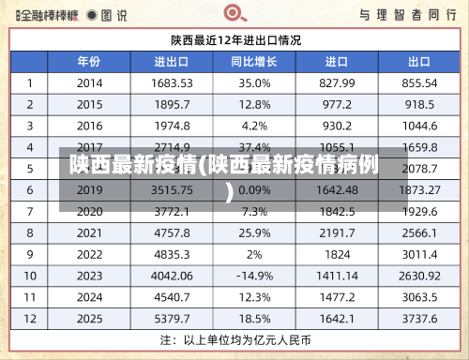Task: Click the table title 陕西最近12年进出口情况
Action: [235, 40]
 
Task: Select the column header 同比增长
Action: [254, 62]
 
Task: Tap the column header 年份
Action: [89, 62]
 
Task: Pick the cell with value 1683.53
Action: [173, 83]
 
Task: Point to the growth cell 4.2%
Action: [254, 126]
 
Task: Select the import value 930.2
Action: [337, 126]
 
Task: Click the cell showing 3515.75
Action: [173, 189]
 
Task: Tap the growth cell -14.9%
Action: [254, 276]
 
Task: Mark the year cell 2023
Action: [89, 276]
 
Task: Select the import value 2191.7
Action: [337, 232]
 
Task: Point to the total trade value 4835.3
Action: [173, 254]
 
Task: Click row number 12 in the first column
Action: [30, 319]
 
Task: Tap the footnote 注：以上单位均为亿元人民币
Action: [235, 338]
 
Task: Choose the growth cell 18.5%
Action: [254, 319]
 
